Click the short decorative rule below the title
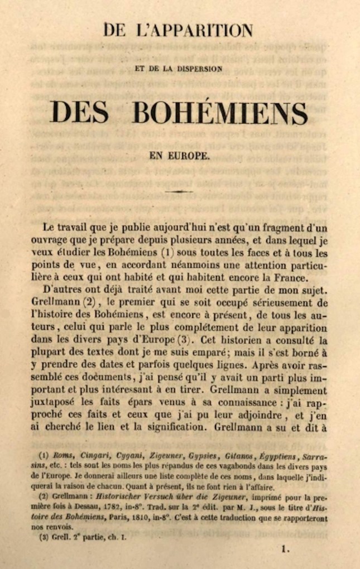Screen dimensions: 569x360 point(179,191)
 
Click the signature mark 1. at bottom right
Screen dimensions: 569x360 point(286,549)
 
